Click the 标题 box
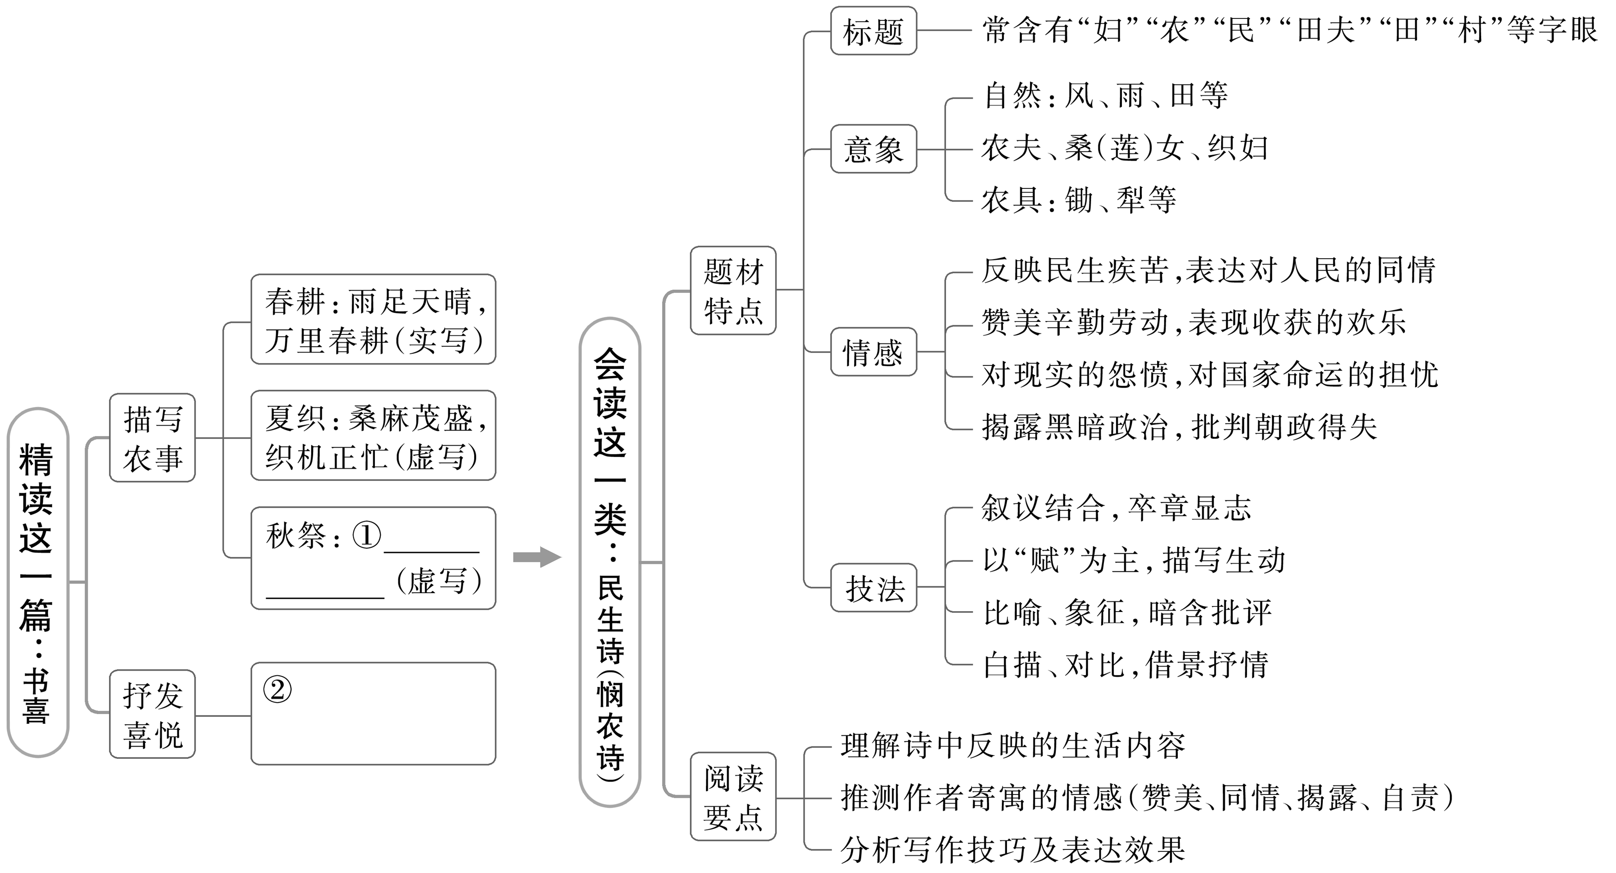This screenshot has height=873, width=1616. tap(873, 31)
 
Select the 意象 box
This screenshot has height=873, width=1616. tap(873, 149)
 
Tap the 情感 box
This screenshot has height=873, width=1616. tap(873, 352)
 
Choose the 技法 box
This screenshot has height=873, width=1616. tap(873, 588)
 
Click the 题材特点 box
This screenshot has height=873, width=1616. tap(733, 291)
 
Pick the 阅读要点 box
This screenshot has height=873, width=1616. tap(733, 796)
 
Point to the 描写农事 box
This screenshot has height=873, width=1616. tap(152, 438)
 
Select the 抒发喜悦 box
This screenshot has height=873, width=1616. tap(152, 714)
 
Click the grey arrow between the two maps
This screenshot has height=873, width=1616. tap(537, 557)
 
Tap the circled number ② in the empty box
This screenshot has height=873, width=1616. tap(277, 690)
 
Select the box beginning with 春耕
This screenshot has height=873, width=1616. tap(373, 320)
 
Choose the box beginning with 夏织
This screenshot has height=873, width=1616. tap(373, 436)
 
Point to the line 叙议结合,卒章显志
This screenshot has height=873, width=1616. tap(1116, 508)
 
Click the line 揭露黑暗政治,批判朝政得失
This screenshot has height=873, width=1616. tap(1179, 427)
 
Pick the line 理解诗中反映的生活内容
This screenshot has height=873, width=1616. tap(1013, 746)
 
